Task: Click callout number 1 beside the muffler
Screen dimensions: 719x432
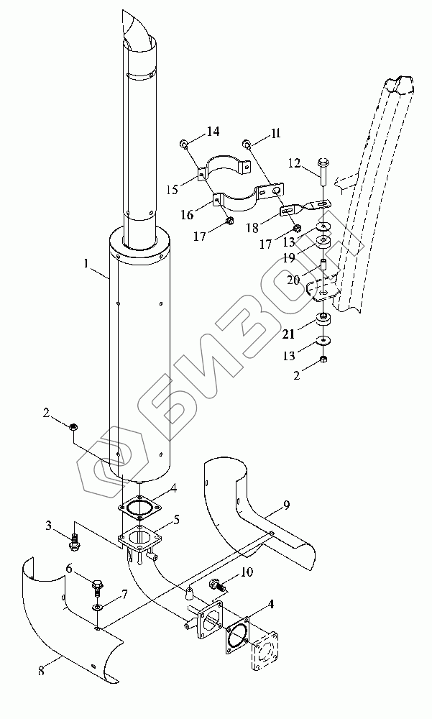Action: [x=86, y=265]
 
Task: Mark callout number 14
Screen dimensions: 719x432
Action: [x=213, y=131]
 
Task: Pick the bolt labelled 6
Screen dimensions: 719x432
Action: [x=97, y=583]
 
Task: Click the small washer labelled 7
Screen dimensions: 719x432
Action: [x=96, y=608]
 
